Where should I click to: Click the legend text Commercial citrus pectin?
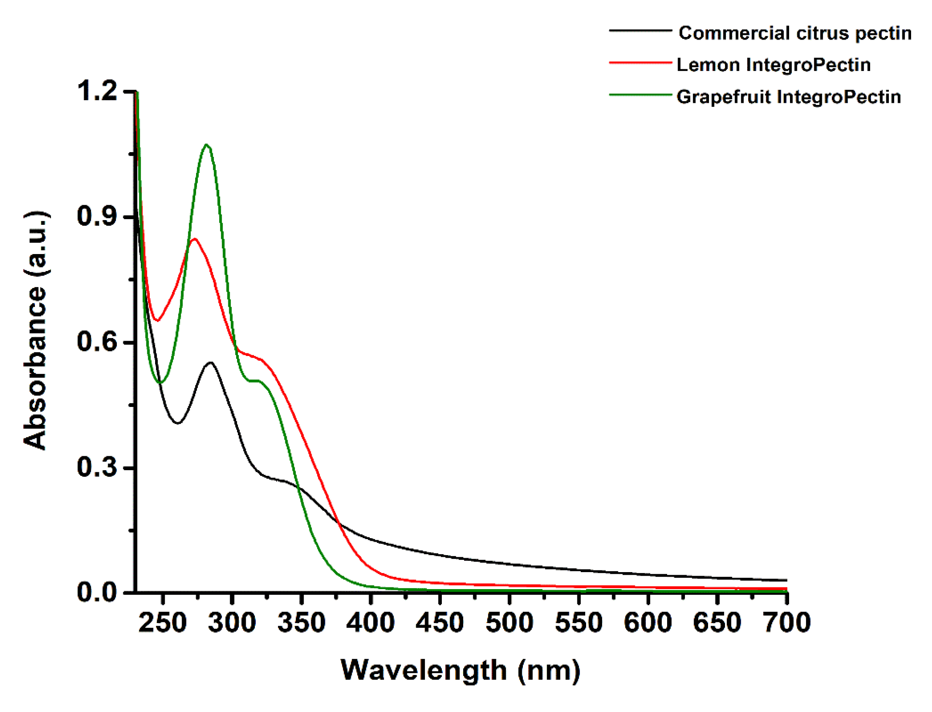794,33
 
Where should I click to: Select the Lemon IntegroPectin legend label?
773,65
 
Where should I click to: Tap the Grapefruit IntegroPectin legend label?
788,97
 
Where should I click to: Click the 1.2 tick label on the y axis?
97,92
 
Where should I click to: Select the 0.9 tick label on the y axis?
97,217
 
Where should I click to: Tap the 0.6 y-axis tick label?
97,342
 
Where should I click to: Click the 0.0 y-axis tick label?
97,592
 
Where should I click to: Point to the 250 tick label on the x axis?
163,623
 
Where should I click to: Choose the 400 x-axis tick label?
370,623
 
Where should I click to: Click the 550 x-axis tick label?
579,623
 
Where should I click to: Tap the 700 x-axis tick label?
787,623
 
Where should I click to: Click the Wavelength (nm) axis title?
460,670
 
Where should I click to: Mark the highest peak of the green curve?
207,145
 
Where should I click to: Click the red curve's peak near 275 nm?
194,239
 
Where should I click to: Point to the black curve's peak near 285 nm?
211,363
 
